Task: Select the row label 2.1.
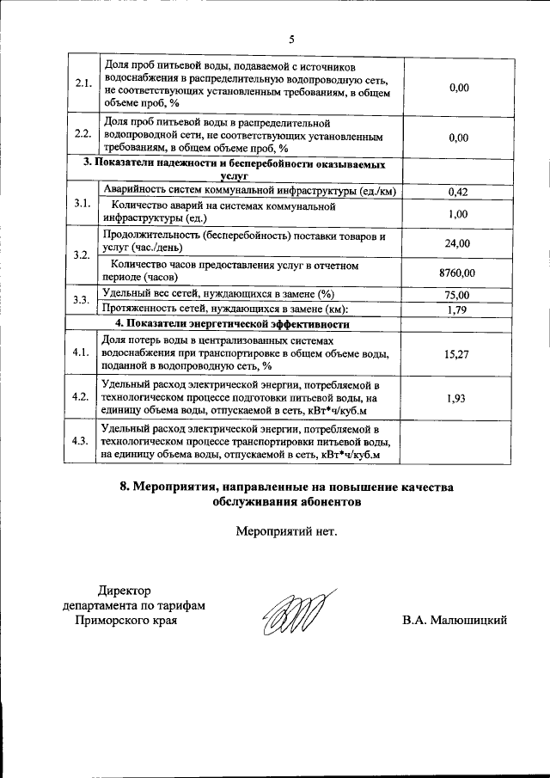click(x=82, y=84)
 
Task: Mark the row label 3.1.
click(x=82, y=203)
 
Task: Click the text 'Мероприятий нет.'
click(x=287, y=530)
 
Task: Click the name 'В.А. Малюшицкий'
click(x=455, y=620)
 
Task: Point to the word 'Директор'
click(x=124, y=591)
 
